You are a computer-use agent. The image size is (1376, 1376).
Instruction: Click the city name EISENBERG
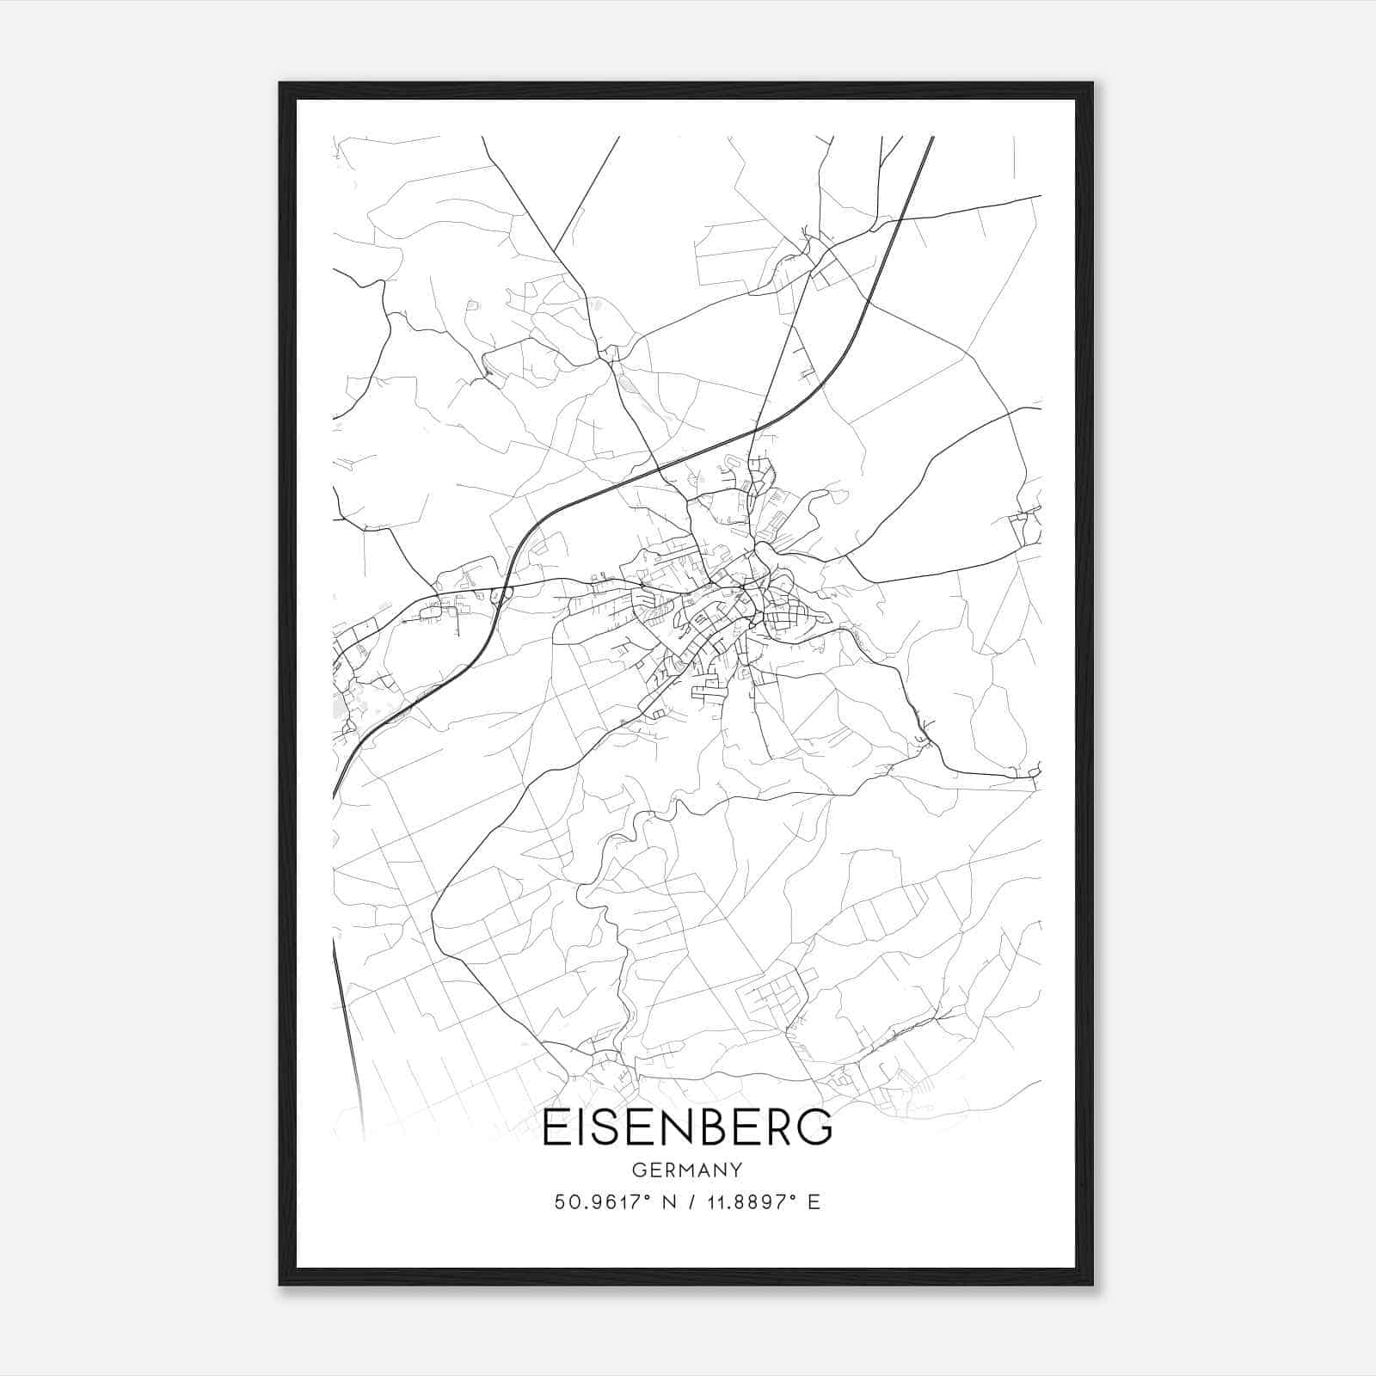[x=687, y=1128]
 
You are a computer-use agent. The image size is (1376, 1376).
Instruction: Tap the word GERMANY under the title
[x=687, y=1170]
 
